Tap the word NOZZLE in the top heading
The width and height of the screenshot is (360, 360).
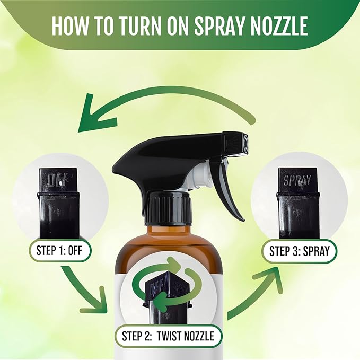click(x=279, y=25)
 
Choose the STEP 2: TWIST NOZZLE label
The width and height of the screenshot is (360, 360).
click(x=169, y=336)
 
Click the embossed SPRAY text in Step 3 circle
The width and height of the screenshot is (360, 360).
click(x=297, y=180)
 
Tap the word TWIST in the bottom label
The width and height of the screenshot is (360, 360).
click(x=173, y=336)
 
